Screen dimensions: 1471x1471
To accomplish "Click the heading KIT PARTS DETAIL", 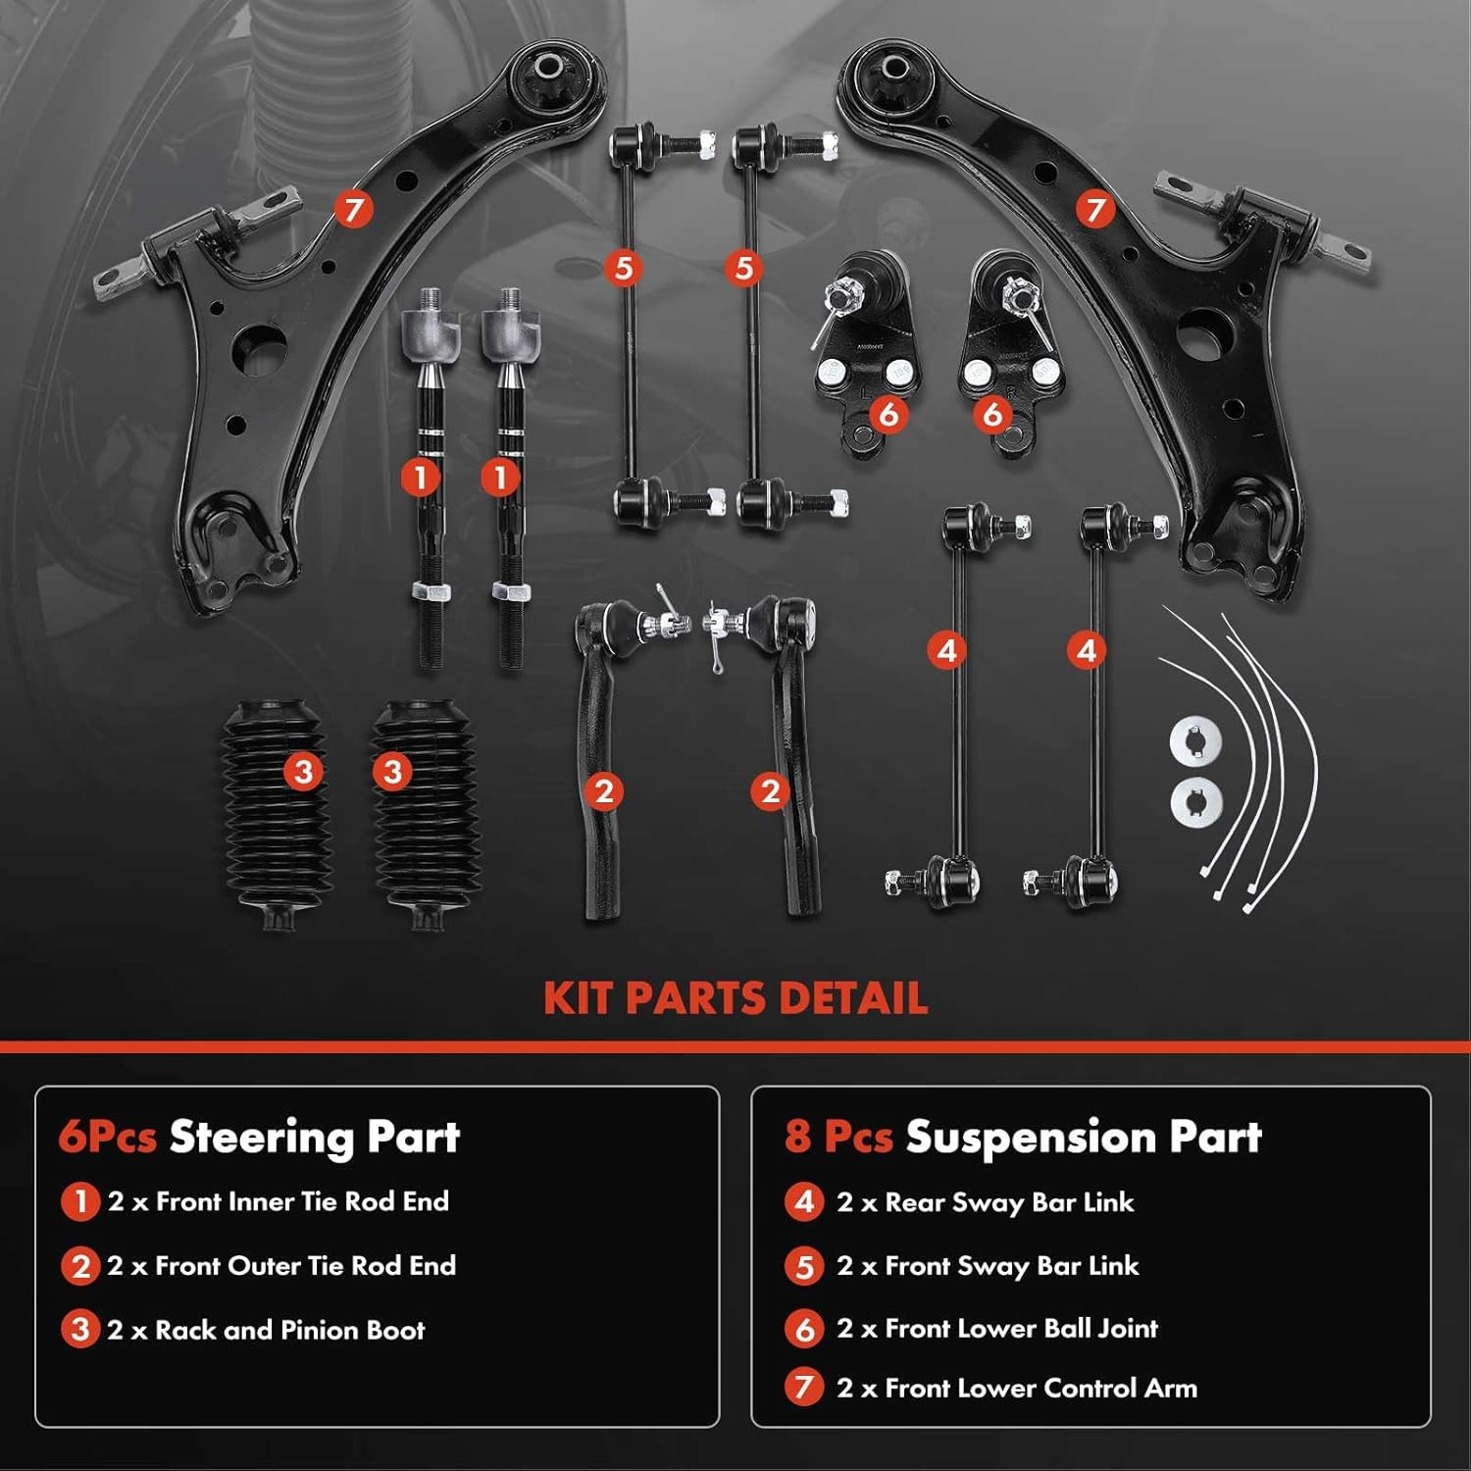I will point(735,998).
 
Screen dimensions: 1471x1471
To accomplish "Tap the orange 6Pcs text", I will point(107,1138).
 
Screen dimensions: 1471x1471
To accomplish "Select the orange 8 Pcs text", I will point(838,1138).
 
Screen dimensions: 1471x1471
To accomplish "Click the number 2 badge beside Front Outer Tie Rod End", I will point(80,1266).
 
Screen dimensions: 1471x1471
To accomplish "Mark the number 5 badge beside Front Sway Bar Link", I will point(804,1266).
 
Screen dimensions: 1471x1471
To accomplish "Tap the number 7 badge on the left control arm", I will point(353,209).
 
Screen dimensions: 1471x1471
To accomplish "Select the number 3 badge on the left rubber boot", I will point(303,772).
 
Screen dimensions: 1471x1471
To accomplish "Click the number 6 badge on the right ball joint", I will point(992,414).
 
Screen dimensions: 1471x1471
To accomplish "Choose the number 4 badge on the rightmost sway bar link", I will point(1087,650).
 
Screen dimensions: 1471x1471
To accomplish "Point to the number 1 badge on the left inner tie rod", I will point(421,478).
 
